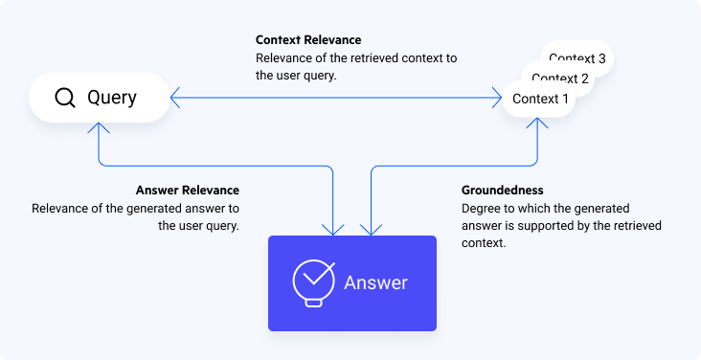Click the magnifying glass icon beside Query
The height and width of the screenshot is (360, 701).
[x=65, y=98]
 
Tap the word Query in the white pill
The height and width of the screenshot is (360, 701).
[x=112, y=98]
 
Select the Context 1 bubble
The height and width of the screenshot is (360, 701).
[x=540, y=99]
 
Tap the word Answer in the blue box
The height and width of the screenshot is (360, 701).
[x=375, y=283]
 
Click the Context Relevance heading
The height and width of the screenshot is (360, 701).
[x=308, y=40]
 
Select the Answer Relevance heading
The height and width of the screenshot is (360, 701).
[x=188, y=191]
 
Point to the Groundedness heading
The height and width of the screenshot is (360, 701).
[x=503, y=191]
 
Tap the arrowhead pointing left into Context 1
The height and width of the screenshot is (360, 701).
[x=496, y=97]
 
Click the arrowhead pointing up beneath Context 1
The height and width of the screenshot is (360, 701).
[x=539, y=124]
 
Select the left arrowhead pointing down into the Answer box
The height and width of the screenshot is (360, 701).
[x=333, y=229]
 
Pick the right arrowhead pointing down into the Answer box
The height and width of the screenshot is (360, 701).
[x=371, y=229]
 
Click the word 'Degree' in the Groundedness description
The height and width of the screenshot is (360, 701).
[x=482, y=208]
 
